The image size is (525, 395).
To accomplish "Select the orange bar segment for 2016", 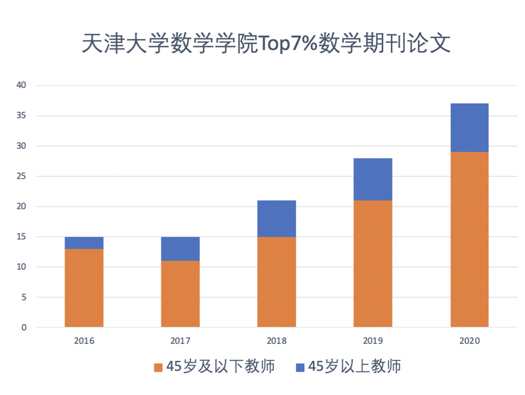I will tap(84, 288).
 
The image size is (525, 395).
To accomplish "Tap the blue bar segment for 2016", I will tap(84, 243).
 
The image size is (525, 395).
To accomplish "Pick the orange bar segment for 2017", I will tap(180, 294).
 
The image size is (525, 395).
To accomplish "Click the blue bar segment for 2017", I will tap(180, 248).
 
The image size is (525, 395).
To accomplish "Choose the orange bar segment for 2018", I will tap(277, 282).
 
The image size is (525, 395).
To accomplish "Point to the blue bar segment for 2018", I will tap(277, 219).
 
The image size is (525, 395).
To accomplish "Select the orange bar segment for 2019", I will tap(373, 264).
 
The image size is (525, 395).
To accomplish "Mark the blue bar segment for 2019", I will tap(373, 179).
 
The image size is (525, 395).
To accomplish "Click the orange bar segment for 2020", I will tap(469, 239).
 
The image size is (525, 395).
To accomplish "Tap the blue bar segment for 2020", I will tap(469, 128).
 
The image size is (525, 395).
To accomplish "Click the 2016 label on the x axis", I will tap(84, 340).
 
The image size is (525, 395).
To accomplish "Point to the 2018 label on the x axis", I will tap(277, 340).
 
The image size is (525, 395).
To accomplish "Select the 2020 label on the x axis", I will tap(469, 340).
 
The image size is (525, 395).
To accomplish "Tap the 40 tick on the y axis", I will tap(22, 86).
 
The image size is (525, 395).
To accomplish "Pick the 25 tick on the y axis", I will tap(22, 176).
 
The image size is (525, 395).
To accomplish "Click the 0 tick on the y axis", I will tap(24, 328).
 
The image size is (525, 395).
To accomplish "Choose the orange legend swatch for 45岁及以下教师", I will tap(158, 367).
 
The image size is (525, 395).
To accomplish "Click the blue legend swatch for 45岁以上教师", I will tap(300, 367).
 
